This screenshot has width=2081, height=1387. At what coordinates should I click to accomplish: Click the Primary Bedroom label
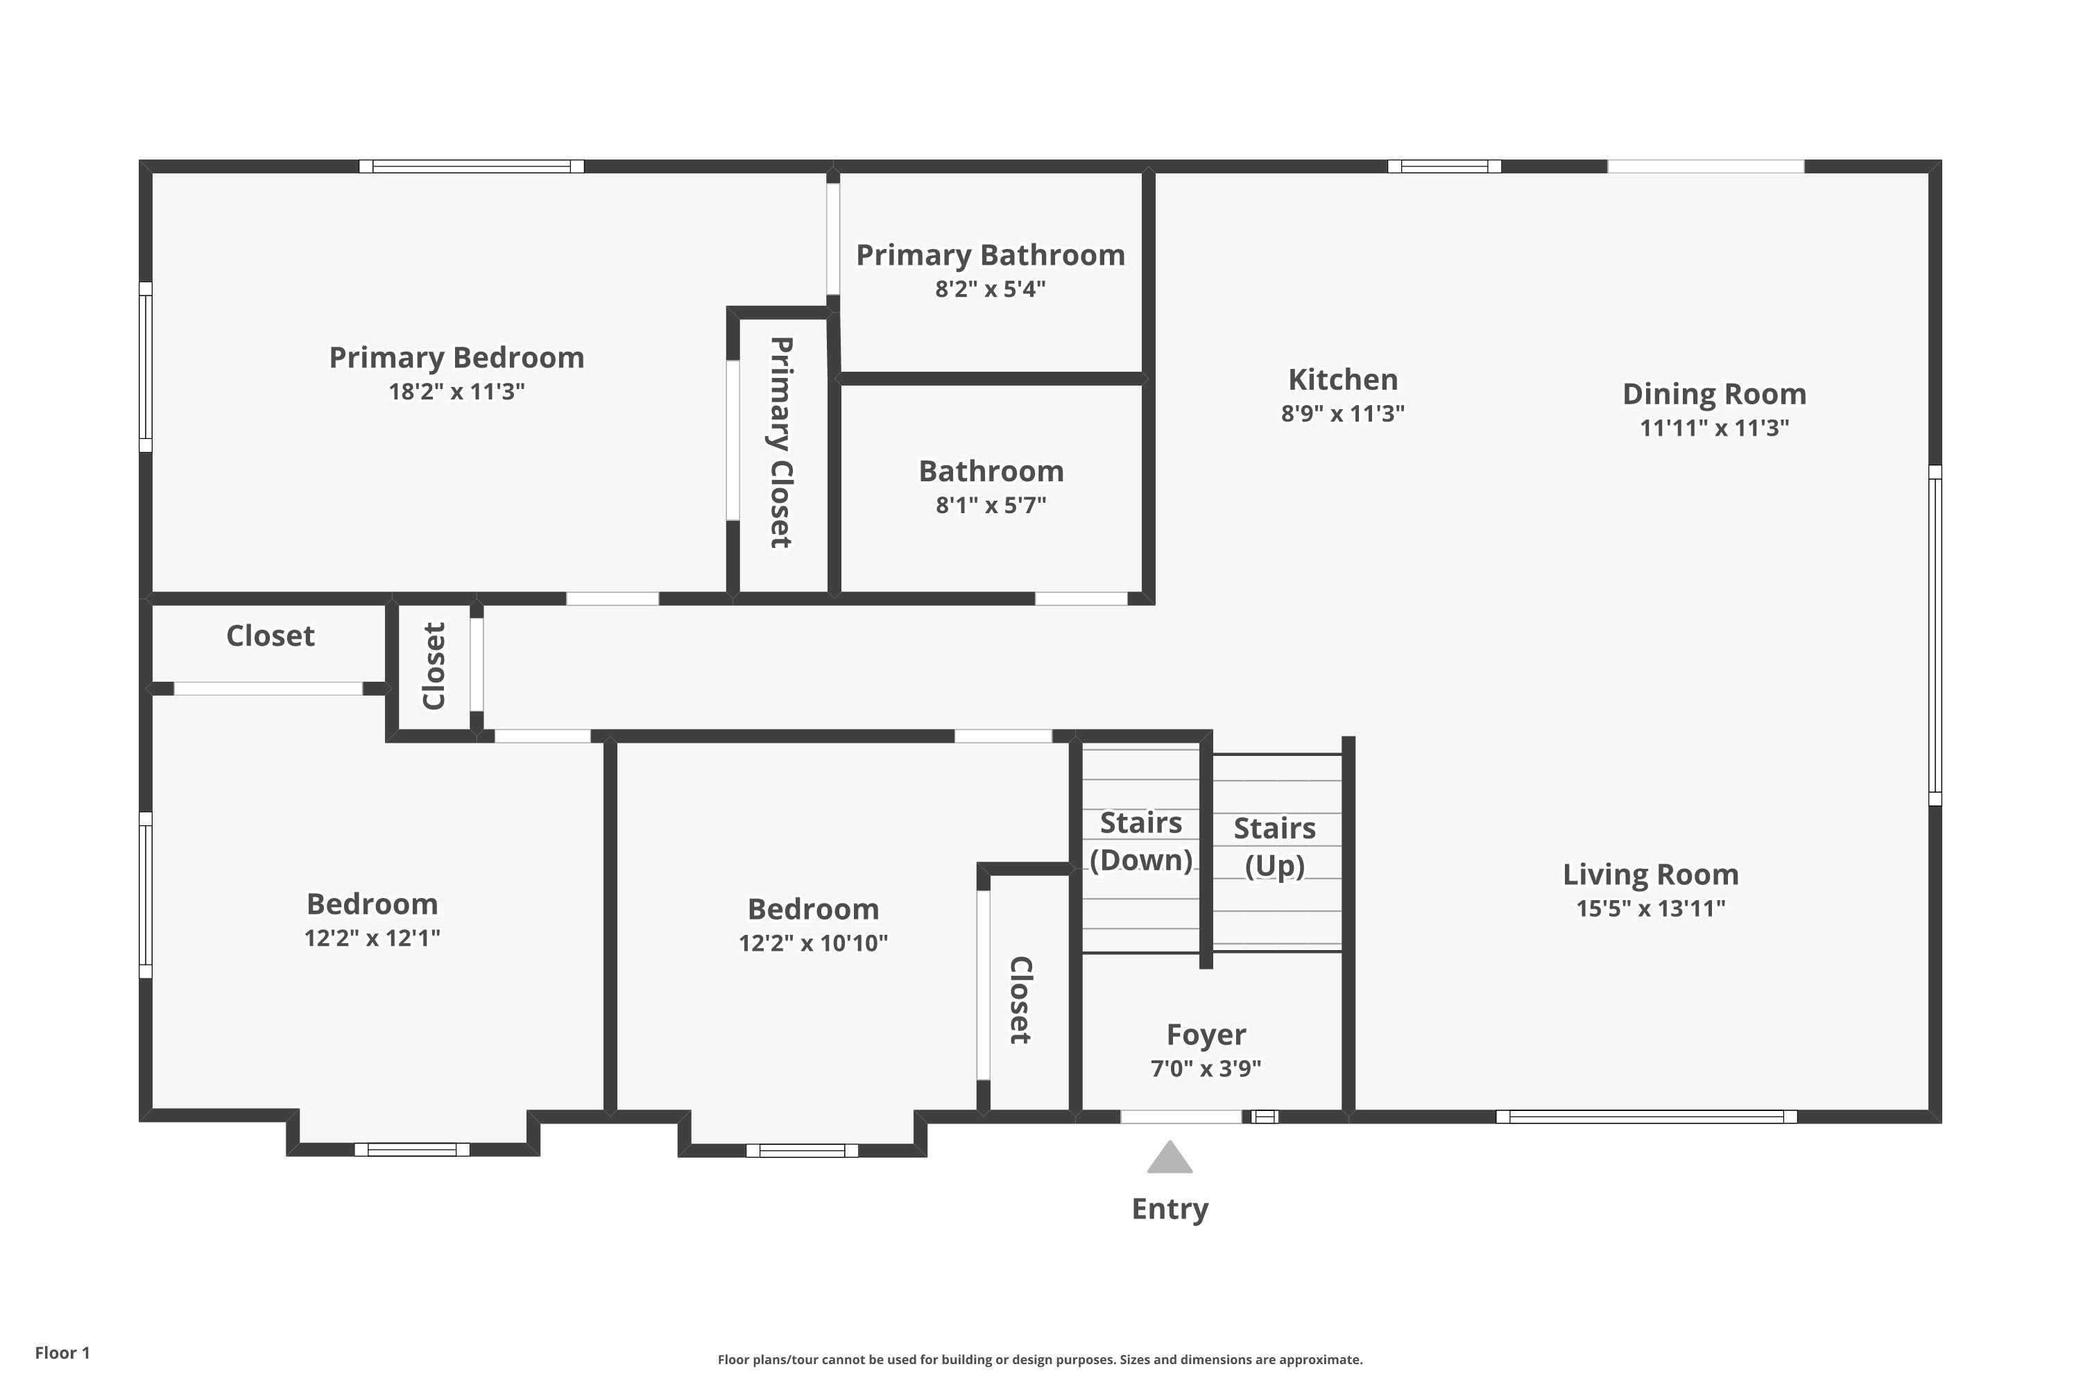pos(456,357)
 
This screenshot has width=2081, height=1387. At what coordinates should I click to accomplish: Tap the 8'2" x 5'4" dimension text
pos(990,289)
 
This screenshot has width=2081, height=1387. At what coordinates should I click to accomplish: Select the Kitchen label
pos(1342,379)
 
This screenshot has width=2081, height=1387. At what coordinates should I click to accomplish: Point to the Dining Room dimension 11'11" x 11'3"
pos(1714,428)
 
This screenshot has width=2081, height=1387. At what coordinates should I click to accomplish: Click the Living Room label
pos(1650,875)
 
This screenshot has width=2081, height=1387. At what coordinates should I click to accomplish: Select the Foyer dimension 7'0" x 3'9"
pos(1206,1069)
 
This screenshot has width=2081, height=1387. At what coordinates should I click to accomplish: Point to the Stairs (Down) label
pos(1140,841)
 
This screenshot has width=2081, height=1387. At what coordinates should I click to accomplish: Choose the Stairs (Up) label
pos(1274,847)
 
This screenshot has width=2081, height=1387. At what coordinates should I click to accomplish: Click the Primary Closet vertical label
pos(780,442)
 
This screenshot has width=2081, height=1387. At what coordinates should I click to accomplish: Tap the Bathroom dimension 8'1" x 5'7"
pos(991,505)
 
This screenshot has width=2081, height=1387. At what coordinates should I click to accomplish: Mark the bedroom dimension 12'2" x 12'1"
pos(372,938)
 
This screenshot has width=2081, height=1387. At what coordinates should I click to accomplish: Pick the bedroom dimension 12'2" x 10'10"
pos(813,943)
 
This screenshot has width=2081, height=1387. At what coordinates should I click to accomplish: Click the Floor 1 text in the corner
pos(62,1352)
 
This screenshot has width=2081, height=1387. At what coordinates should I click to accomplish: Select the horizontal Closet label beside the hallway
pos(270,636)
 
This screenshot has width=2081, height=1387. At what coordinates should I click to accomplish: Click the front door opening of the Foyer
pos(1181,1117)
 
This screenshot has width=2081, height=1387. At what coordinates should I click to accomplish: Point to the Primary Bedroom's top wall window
pos(472,166)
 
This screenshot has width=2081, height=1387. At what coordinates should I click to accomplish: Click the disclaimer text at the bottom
pos(1040,1359)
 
